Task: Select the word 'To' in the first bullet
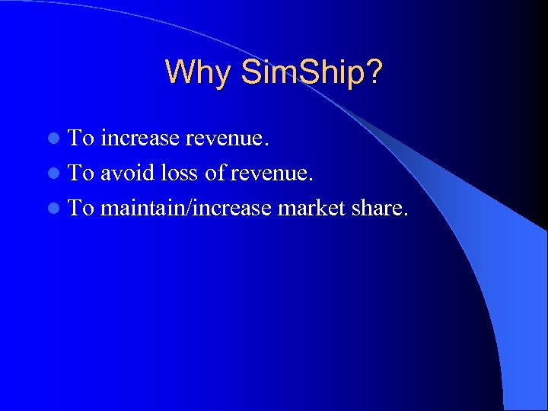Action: [x=81, y=139]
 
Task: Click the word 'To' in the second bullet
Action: [x=81, y=173]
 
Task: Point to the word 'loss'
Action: [x=180, y=173]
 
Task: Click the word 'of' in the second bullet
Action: [x=215, y=173]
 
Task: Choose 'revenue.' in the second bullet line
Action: [x=271, y=173]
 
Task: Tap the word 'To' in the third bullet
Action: [x=81, y=207]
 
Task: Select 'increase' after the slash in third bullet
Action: [x=232, y=207]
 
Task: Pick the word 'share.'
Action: [x=380, y=207]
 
